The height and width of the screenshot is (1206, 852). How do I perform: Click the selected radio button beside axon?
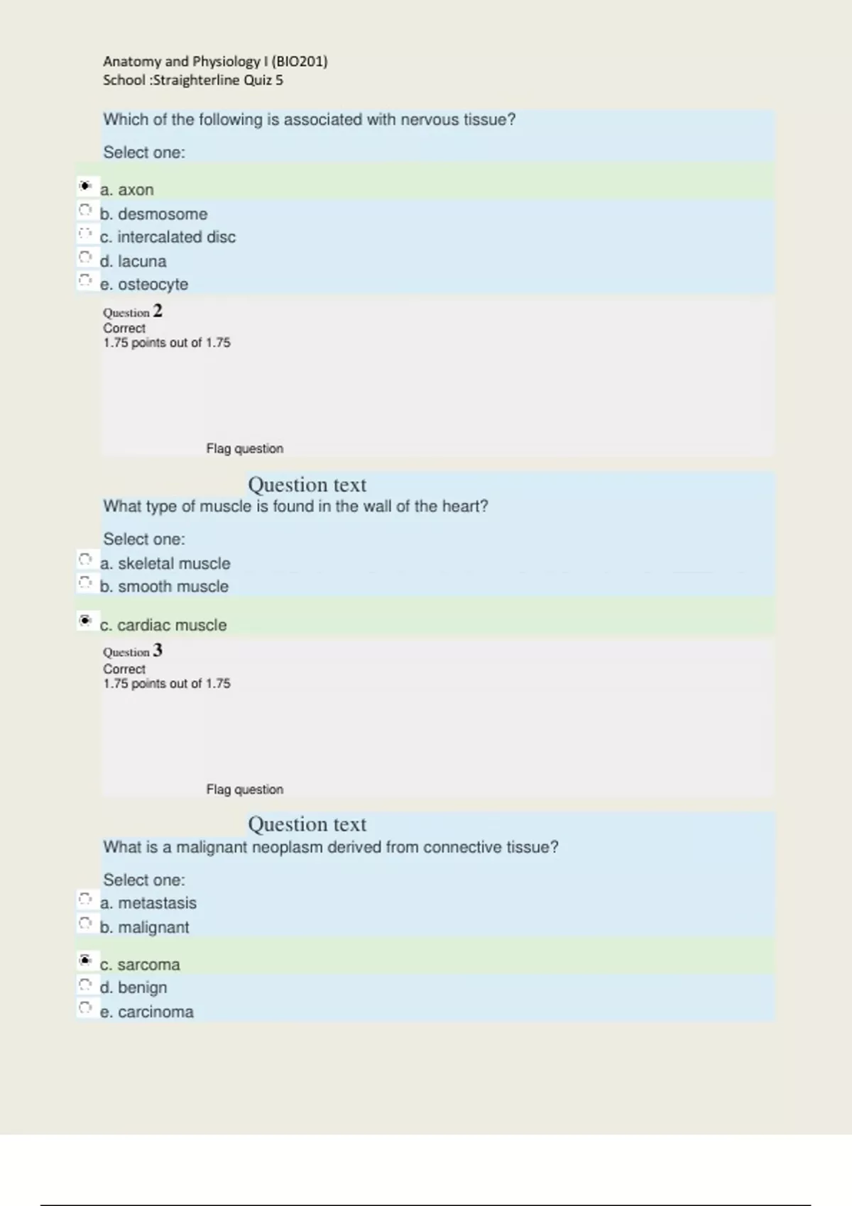pos(85,186)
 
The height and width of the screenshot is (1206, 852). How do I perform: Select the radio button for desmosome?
pos(85,210)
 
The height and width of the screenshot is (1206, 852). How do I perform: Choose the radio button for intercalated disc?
pos(85,233)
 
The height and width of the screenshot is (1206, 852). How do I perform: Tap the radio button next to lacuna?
pos(85,257)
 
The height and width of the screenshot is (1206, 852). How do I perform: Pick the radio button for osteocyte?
pos(85,280)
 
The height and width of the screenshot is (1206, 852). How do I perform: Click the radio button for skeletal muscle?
pos(85,560)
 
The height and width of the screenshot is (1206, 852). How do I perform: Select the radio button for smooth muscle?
pos(85,583)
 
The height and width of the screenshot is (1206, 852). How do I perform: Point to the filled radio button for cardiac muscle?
pos(85,621)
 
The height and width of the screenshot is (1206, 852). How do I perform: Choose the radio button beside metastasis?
pos(85,900)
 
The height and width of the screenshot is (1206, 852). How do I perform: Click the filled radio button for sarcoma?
pos(85,961)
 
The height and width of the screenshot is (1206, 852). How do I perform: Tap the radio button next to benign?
pos(85,985)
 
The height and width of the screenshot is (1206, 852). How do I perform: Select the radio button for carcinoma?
pos(85,1008)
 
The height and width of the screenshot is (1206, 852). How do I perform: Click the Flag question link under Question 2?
pos(244,448)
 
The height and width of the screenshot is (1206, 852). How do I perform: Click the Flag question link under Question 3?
pos(244,789)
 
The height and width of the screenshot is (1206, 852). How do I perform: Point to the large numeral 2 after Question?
pos(158,311)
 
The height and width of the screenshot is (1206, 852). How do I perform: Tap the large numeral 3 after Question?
pos(158,651)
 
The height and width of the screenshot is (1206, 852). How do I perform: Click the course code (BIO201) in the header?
pos(300,62)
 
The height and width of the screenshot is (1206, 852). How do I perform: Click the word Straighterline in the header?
pos(197,80)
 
